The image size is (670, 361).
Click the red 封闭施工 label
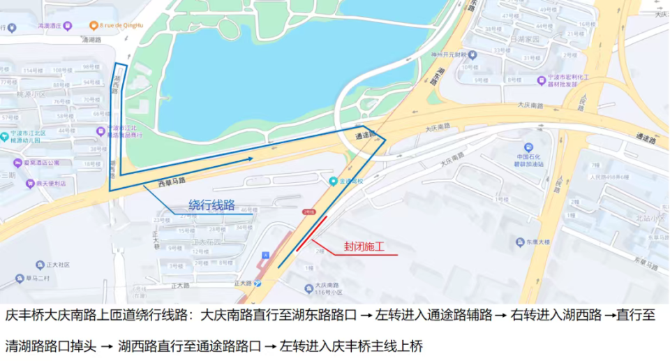coord(364,246)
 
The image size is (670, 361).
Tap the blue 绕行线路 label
coord(211,205)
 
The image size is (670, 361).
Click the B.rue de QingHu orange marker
coord(94,26)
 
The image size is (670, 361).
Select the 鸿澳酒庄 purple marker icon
coord(68,26)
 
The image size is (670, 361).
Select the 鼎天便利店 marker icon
coord(30,184)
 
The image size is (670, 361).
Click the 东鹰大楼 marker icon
coord(520,242)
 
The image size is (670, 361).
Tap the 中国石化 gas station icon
coord(528,147)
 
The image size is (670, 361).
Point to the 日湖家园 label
coord(526,40)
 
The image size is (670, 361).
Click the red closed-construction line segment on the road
coord(311,233)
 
